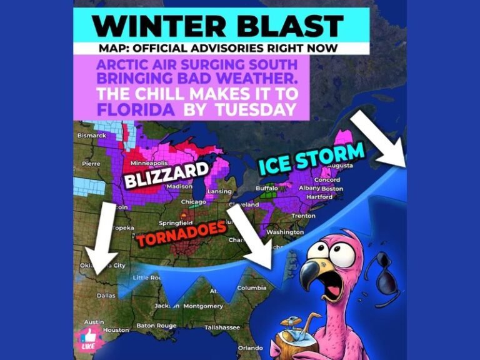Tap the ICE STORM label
click(x=311, y=159)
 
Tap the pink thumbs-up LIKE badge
click(x=88, y=337)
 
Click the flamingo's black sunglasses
click(x=383, y=274)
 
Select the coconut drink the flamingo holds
click(x=294, y=338)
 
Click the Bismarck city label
click(x=92, y=135)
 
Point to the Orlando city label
click(x=250, y=347)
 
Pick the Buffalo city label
click(x=267, y=188)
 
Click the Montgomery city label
click(x=204, y=306)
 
